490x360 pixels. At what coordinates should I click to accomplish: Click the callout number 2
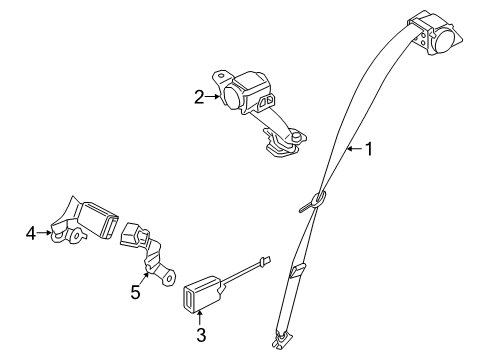199,97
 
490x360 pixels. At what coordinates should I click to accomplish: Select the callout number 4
31,235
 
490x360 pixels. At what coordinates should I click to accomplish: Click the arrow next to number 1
351,150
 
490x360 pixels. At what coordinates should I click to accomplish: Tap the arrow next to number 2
213,97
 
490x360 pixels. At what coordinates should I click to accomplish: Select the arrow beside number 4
45,235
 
